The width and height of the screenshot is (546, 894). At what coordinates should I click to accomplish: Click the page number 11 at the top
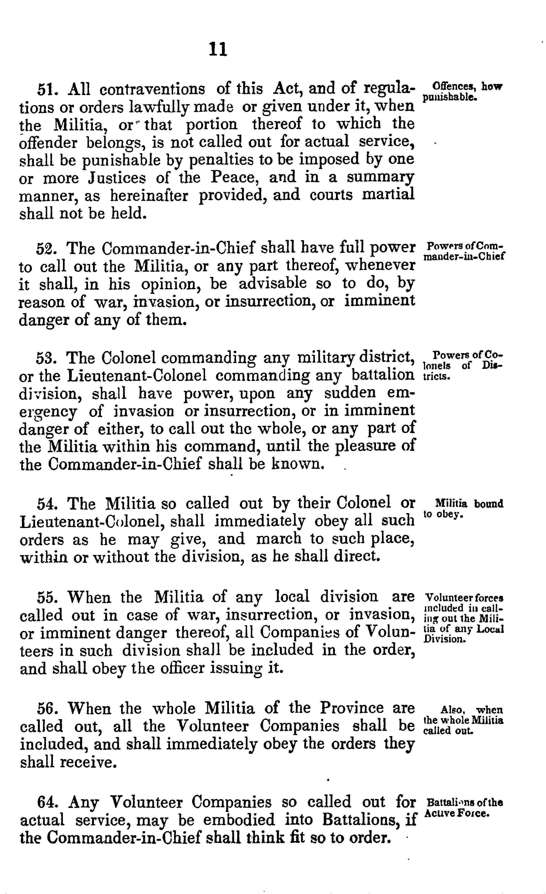pyautogui.click(x=218, y=49)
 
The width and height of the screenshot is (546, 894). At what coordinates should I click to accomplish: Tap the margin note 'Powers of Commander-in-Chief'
pyautogui.click(x=465, y=251)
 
